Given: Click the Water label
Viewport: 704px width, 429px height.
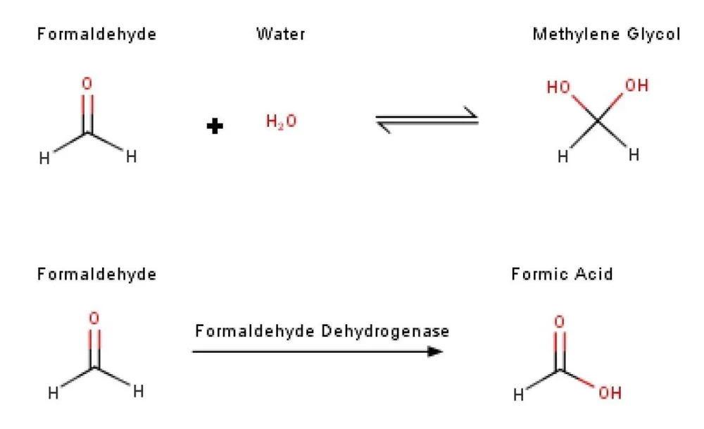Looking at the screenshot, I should point(280,34).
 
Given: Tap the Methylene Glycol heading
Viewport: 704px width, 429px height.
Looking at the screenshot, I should point(606,34).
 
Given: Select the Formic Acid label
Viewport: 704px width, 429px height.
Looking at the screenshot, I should point(562,274).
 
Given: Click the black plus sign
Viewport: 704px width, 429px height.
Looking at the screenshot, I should point(215,126).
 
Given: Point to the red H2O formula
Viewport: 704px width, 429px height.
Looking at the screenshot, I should point(281,122).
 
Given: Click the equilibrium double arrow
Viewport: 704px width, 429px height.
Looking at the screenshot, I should point(427,118).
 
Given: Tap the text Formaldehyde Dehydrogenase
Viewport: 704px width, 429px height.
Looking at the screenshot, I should point(322,330).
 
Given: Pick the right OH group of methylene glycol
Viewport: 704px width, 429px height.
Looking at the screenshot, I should point(636,86).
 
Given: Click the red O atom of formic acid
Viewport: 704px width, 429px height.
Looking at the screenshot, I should point(559,322).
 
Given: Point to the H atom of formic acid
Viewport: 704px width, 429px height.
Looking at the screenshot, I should point(519,395).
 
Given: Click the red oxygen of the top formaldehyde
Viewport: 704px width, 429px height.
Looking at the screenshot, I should point(87,84).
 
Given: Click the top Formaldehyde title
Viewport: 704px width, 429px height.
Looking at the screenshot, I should point(96,34).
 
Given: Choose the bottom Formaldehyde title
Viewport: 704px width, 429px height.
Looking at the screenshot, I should point(96,274).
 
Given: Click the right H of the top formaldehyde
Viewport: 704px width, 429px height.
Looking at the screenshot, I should point(130,157).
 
